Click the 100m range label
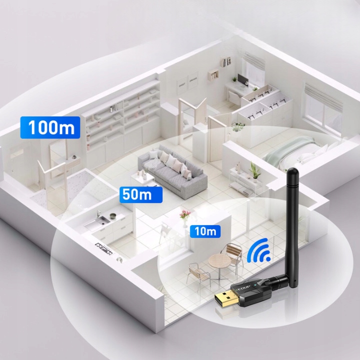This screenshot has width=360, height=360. point(49,127)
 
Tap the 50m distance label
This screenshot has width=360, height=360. point(136,194)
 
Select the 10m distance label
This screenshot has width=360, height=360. point(205,231)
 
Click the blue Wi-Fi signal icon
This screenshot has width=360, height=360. point(258,251)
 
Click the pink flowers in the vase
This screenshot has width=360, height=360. point(185,214)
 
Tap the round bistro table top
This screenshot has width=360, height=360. point(218,259)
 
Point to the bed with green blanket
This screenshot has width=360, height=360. point(295,152)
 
